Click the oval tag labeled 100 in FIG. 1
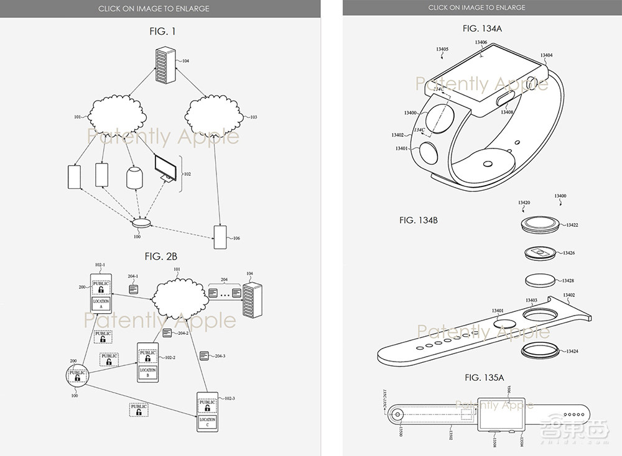tap(142, 222)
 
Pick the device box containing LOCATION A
tap(101, 294)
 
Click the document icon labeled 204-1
tap(133, 290)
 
